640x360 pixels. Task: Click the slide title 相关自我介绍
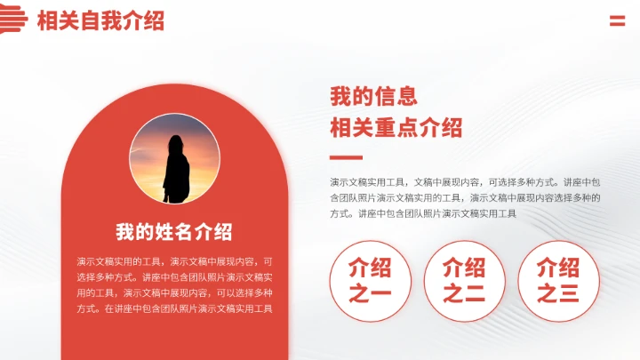[x=100, y=21]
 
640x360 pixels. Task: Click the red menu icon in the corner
[x=617, y=21]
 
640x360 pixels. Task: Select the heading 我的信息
[x=373, y=96]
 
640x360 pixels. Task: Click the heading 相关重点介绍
[x=396, y=127]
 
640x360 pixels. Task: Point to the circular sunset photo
[x=174, y=159]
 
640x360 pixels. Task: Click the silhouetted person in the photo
[x=175, y=167]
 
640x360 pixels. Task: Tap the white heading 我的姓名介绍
[x=174, y=233]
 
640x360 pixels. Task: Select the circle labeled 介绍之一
[x=370, y=281]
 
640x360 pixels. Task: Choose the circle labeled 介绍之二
[x=463, y=281]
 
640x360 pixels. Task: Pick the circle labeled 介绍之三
[x=558, y=281]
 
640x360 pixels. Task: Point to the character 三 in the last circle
[x=569, y=293]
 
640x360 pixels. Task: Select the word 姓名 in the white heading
[x=174, y=233]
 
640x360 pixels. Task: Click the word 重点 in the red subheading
[x=396, y=127]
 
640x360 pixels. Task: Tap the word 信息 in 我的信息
[x=396, y=96]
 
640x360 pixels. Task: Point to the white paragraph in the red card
[x=174, y=285]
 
